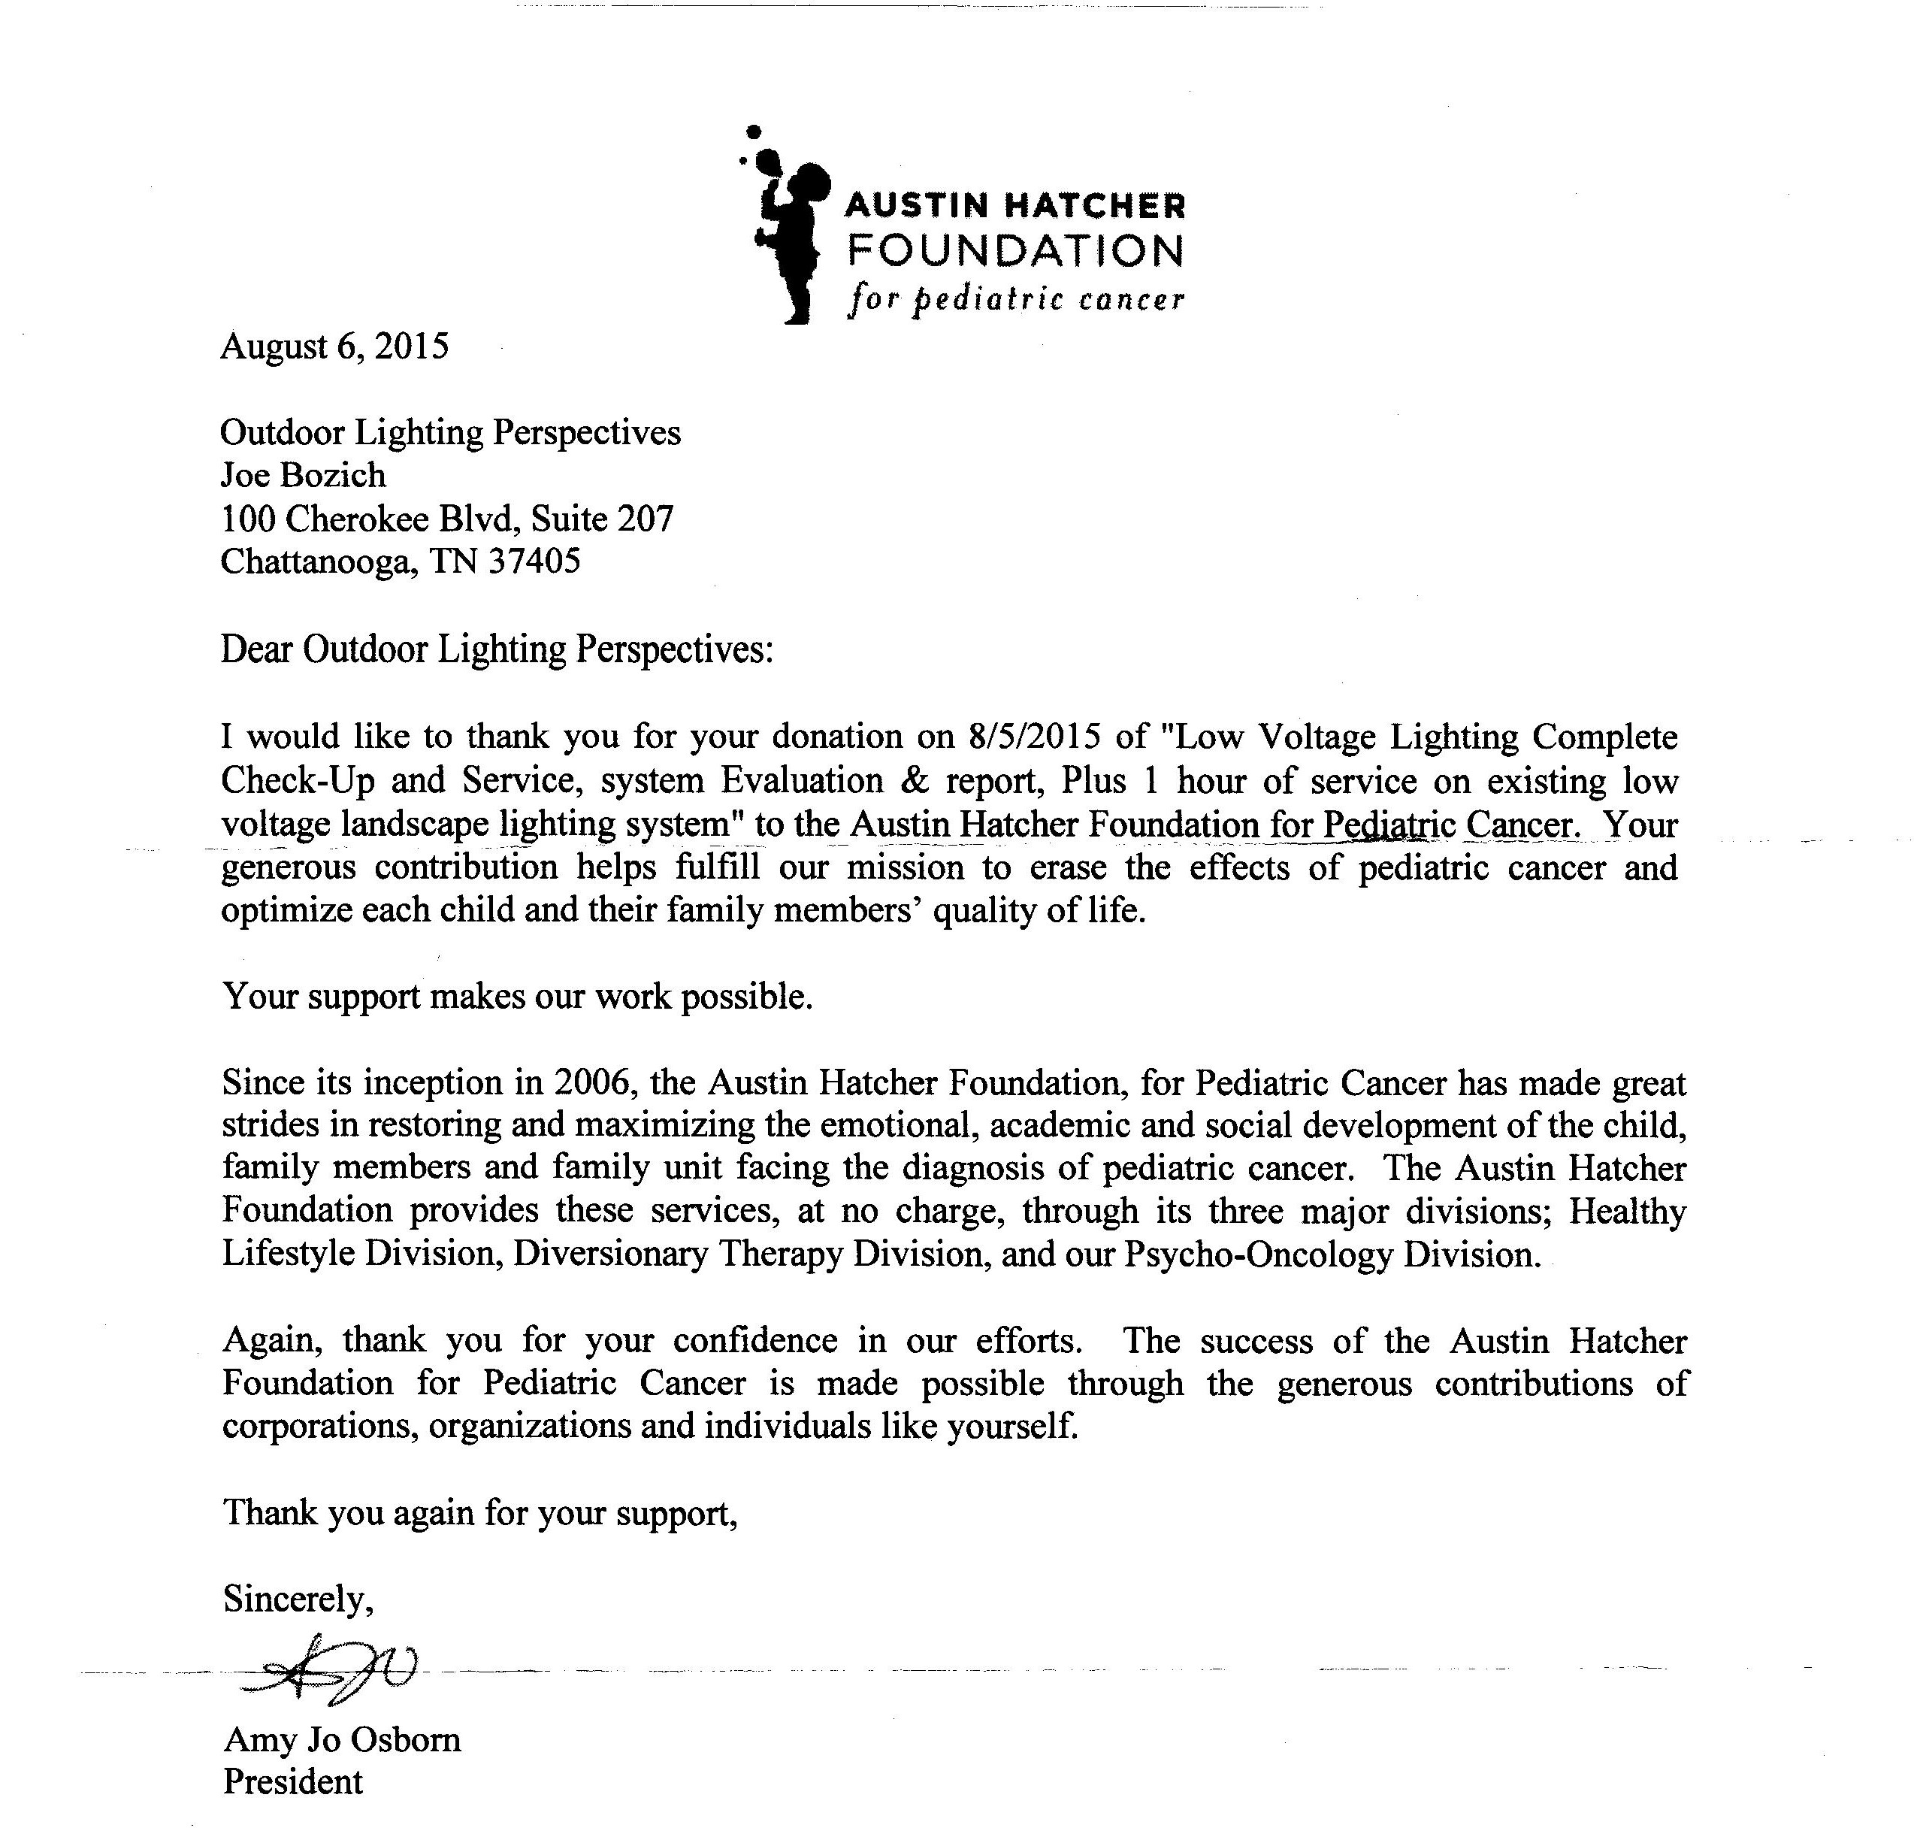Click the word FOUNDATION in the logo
1014,251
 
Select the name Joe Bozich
303,476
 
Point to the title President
293,1782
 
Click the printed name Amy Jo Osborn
342,1739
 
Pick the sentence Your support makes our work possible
518,997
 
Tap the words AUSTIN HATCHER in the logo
1014,205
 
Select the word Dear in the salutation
256,649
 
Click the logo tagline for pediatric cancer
1015,298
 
